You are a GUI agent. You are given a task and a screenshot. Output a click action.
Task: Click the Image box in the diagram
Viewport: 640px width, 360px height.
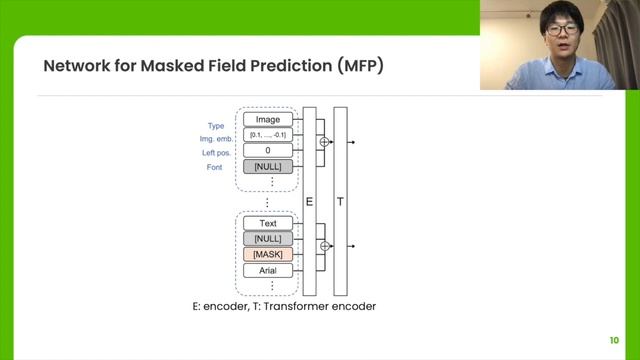click(x=267, y=120)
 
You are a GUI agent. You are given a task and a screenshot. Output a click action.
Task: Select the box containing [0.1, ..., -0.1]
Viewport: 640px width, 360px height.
click(x=267, y=135)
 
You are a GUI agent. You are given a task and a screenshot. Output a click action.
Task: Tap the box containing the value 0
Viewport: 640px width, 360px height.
click(x=267, y=151)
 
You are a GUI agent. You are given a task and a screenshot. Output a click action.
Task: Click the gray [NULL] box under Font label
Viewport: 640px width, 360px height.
click(x=267, y=166)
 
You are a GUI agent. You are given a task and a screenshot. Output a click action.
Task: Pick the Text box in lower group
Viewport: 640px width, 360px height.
click(x=267, y=224)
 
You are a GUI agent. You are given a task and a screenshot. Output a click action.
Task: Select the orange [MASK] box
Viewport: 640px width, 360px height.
click(x=267, y=255)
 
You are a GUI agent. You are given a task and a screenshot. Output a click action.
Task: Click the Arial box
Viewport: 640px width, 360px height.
click(x=267, y=271)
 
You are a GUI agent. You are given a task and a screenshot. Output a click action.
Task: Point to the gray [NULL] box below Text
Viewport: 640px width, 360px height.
click(x=267, y=239)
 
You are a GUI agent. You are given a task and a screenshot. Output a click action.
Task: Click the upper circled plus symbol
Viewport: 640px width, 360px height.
click(x=323, y=143)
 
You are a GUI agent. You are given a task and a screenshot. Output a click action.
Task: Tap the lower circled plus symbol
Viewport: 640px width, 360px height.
click(x=323, y=245)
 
